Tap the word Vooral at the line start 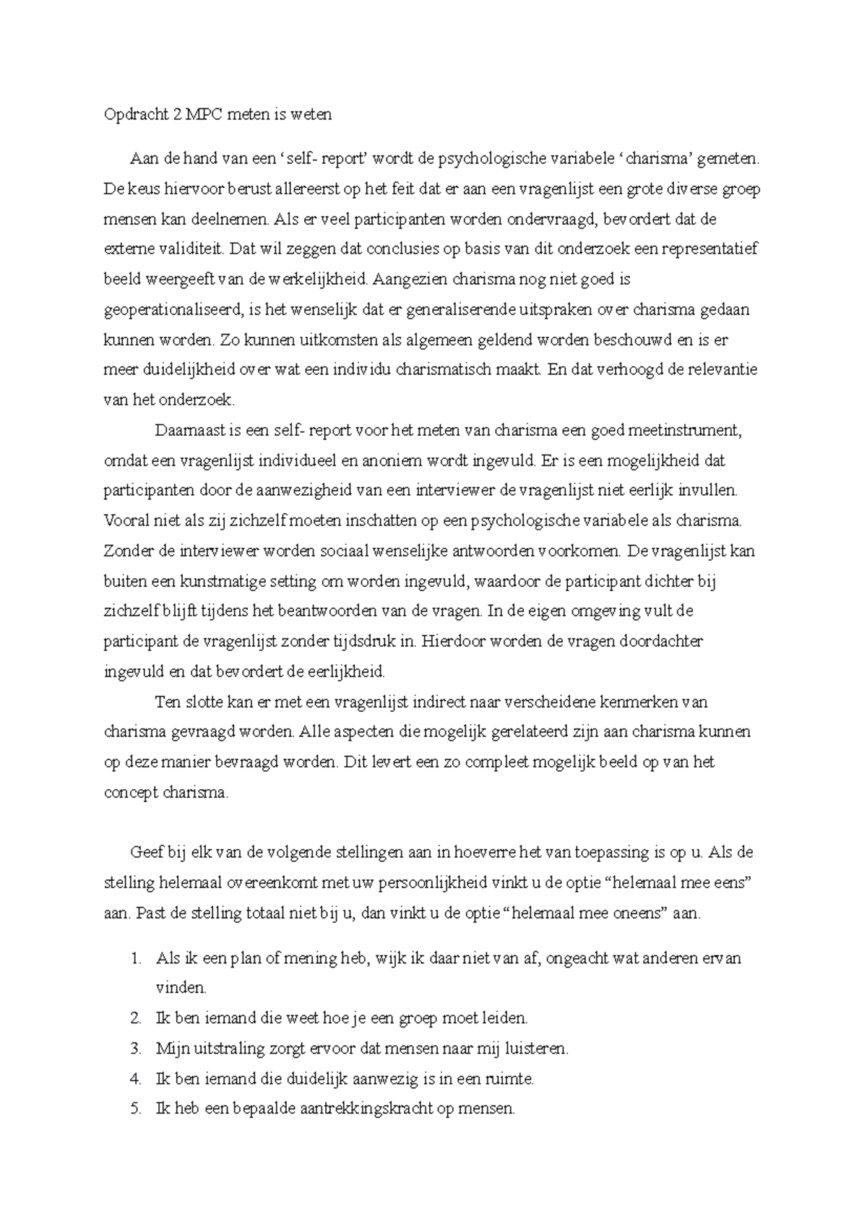pos(124,520)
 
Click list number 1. pos(136,959)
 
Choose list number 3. pos(136,1049)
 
